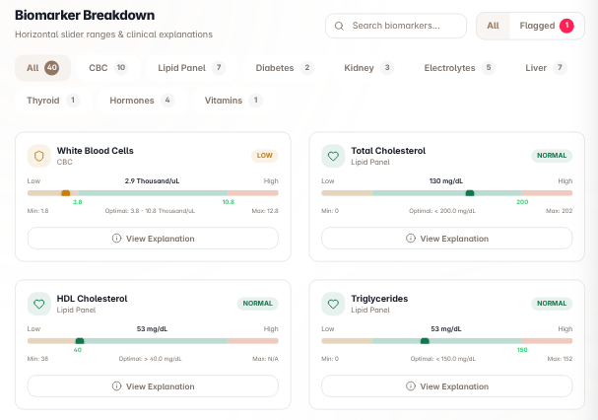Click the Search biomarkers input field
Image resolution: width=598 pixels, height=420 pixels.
396,26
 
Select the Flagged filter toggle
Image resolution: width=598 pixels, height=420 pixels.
547,26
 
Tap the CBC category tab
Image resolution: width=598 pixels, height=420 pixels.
108,68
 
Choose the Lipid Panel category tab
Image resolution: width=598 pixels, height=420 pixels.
191,68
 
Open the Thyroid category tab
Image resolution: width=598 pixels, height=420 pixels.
53,101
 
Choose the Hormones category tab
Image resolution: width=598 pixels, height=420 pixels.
142,101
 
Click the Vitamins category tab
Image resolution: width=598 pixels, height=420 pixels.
233,101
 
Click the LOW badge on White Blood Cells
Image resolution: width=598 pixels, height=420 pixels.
265,156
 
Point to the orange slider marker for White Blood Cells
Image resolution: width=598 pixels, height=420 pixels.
66,193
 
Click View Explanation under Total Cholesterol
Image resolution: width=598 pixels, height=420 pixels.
447,239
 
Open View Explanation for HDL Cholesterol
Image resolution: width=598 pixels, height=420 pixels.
153,386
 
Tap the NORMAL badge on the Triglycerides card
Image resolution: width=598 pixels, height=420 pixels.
552,303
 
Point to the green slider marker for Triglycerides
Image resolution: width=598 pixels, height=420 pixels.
425,341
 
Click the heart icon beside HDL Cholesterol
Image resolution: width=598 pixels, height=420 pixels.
38,304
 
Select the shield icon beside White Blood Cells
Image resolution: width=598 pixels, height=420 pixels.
38,156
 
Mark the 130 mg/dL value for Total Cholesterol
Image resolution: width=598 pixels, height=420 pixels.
446,181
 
